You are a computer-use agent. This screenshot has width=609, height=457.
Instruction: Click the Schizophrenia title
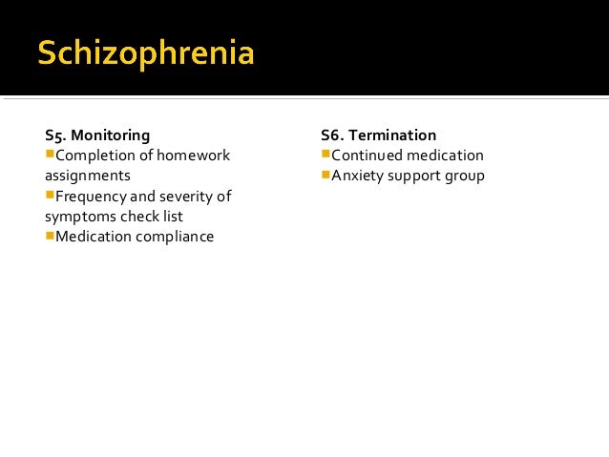(x=146, y=53)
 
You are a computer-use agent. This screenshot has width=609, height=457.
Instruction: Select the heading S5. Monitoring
(x=97, y=135)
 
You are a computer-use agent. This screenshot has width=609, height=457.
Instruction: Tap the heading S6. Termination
(x=379, y=135)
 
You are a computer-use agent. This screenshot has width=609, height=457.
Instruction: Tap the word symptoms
(x=77, y=217)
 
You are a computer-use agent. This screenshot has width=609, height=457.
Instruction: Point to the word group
(x=464, y=176)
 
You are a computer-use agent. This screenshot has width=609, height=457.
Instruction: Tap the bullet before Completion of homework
(x=50, y=155)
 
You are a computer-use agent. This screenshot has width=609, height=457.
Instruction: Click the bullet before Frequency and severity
(x=50, y=196)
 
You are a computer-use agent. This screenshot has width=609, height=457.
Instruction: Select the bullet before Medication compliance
(x=50, y=236)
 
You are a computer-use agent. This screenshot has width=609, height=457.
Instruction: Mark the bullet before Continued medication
(x=325, y=155)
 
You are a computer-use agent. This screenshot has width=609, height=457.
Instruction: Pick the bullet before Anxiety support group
(x=325, y=175)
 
